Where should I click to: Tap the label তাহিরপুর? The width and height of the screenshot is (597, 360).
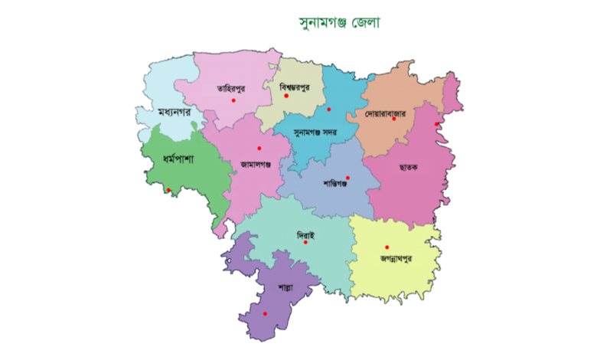point(214,87)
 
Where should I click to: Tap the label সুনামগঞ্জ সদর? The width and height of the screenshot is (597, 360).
point(317,132)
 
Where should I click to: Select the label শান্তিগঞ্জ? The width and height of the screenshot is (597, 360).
point(341,185)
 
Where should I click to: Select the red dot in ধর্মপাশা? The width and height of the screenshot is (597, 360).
point(169,189)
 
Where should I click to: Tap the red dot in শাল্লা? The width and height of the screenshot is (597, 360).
point(265,314)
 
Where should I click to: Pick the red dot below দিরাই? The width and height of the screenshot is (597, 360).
point(305,242)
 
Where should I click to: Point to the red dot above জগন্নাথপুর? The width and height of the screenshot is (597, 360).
point(387,247)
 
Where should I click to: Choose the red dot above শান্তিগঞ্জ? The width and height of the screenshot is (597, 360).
point(347,178)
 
